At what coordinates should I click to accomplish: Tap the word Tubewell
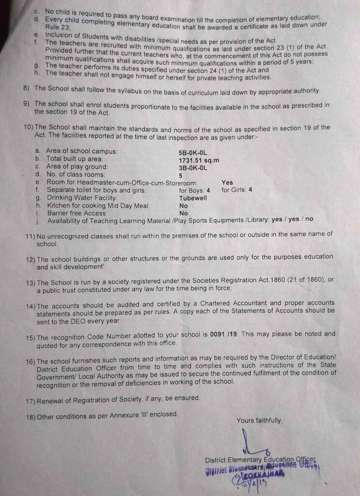[193, 198]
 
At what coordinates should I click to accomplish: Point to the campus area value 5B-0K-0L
[193, 152]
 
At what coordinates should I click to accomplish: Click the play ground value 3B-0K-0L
[193, 168]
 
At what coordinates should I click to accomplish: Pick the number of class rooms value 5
[181, 175]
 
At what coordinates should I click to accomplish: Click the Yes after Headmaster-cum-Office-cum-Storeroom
[227, 183]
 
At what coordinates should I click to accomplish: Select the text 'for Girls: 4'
[237, 190]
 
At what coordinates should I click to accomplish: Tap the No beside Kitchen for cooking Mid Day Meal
[184, 205]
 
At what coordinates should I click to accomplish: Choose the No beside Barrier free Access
[184, 213]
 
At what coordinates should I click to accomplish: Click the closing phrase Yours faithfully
[259, 420]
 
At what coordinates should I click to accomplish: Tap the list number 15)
[30, 334]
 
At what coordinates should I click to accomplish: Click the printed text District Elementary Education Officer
[260, 459]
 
